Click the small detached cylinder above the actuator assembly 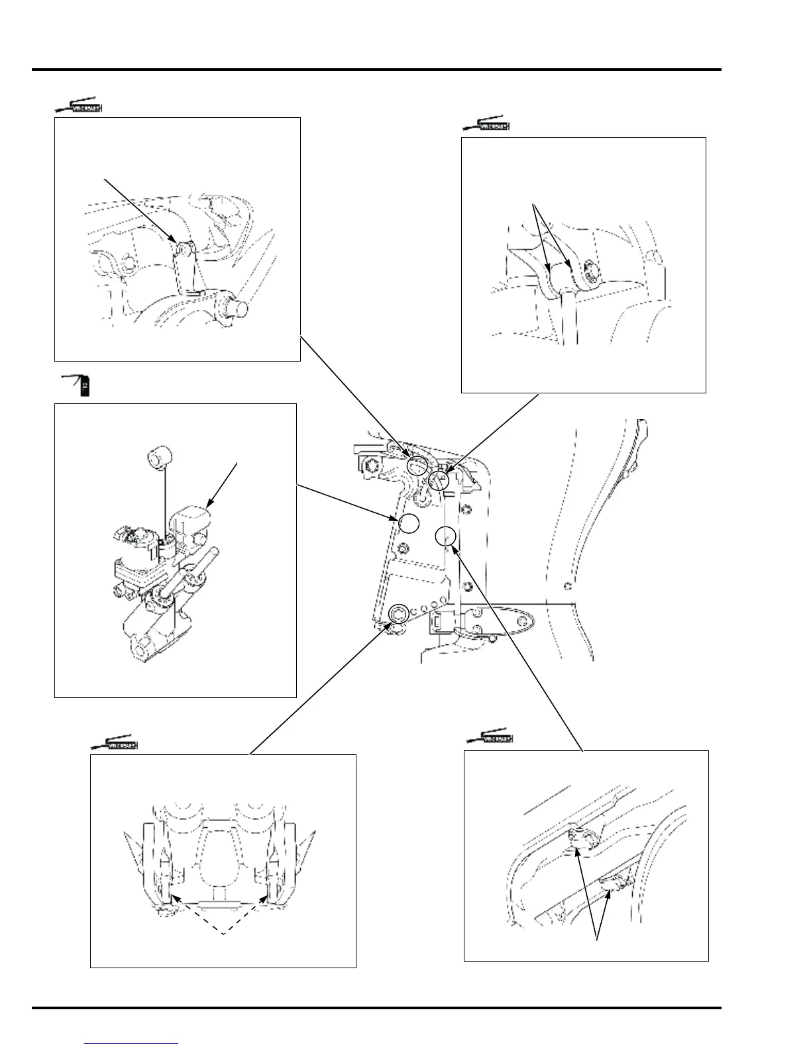point(158,457)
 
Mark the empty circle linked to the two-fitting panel point(446,536)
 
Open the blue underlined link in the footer point(132,1044)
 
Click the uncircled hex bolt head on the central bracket point(370,466)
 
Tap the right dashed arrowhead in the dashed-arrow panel point(268,897)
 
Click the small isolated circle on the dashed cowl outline point(567,585)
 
